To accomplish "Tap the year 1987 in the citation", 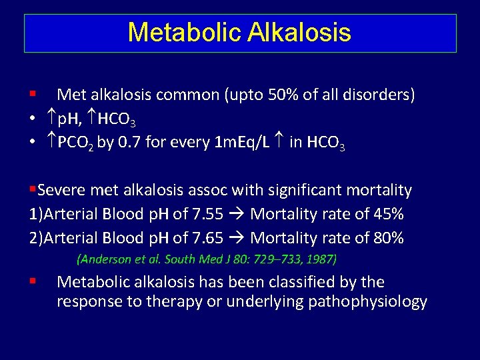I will click(321, 259).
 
